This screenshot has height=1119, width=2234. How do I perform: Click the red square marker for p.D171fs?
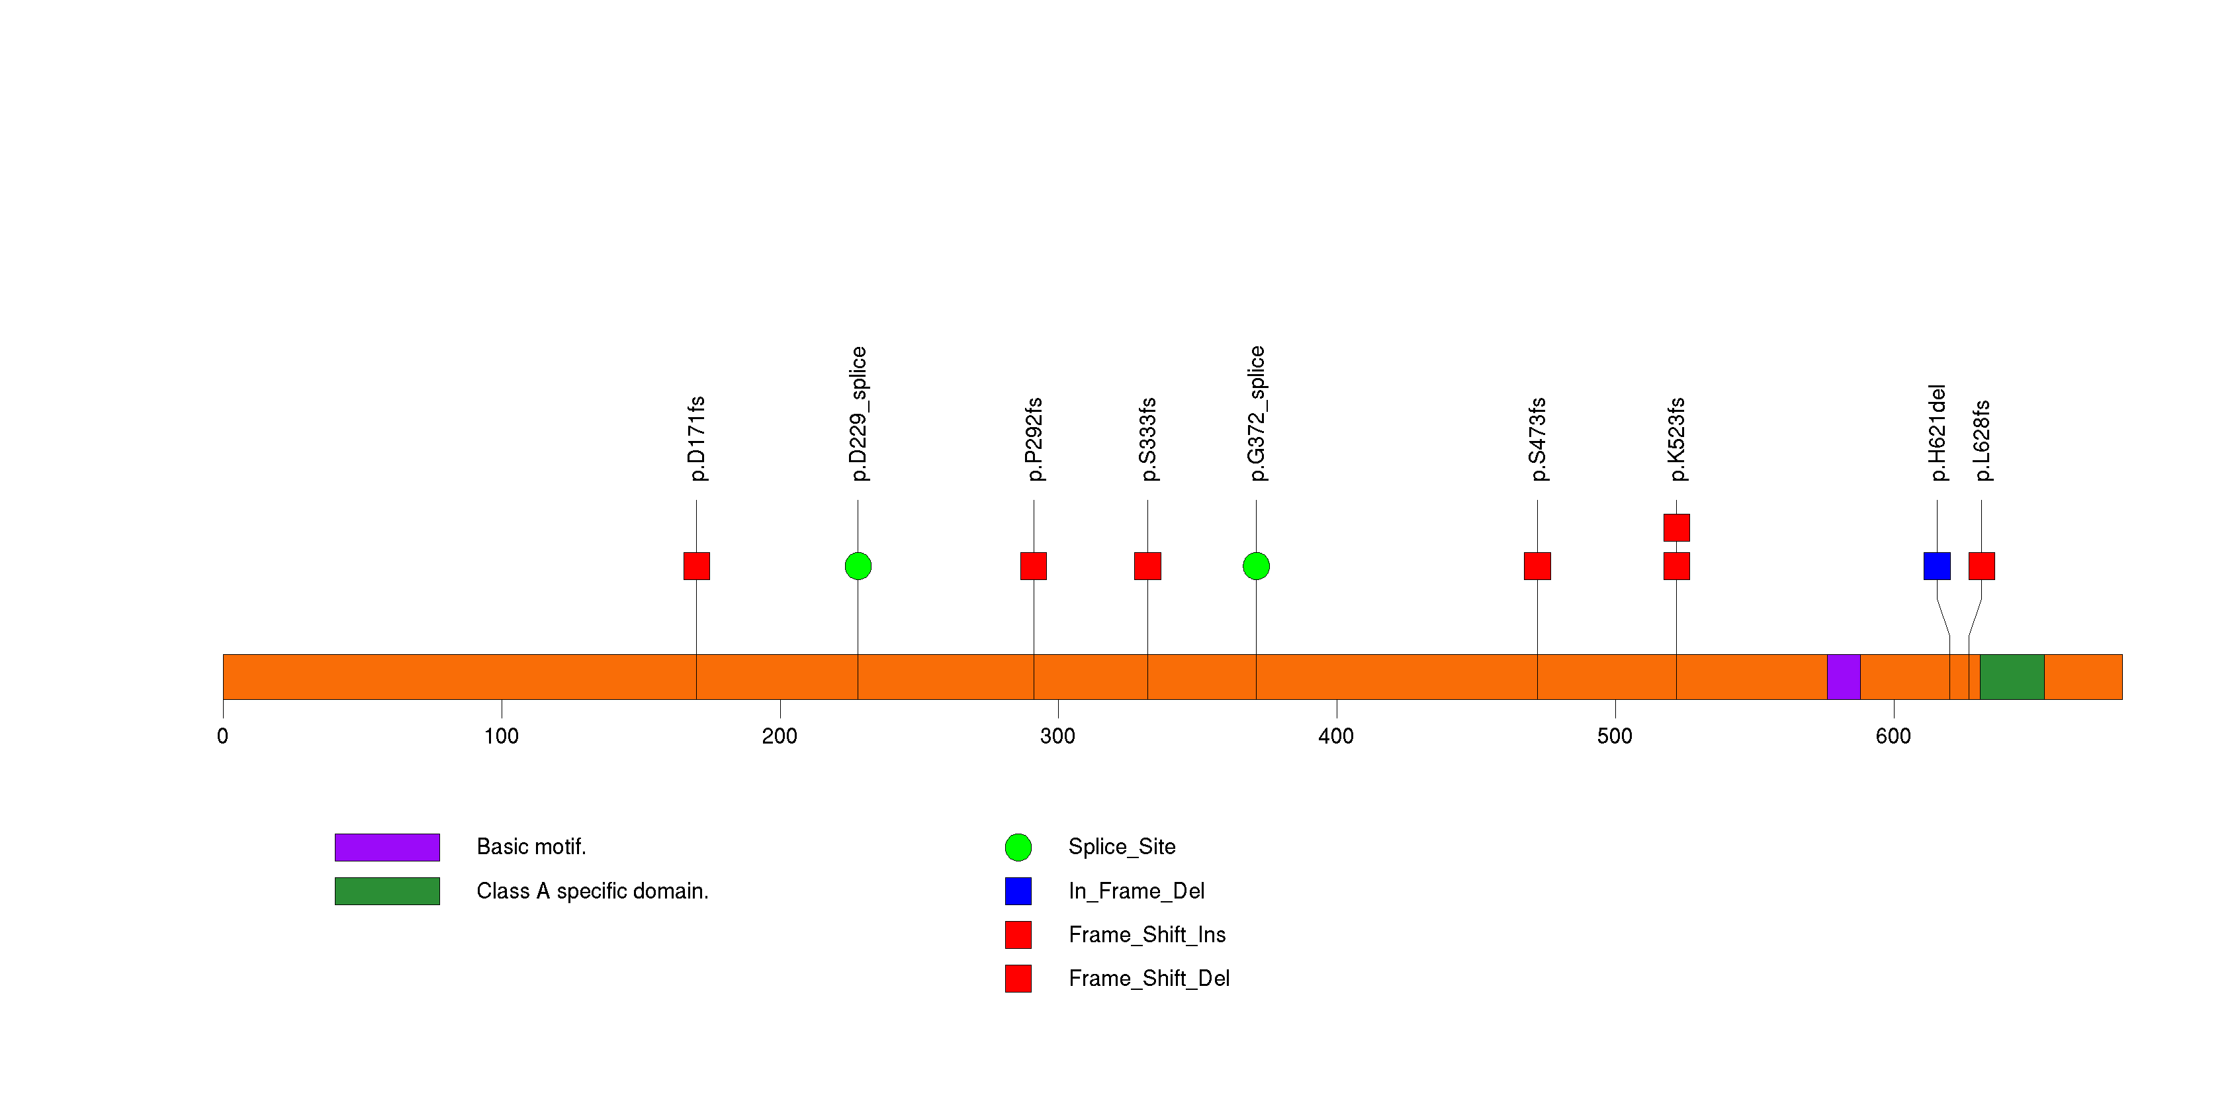click(x=696, y=565)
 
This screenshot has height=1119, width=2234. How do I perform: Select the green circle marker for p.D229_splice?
click(x=858, y=565)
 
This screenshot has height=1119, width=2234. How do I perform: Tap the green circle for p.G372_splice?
click(x=1256, y=565)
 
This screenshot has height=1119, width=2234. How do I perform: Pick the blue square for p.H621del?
click(x=1936, y=565)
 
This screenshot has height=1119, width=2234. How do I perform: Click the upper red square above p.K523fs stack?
click(x=1676, y=528)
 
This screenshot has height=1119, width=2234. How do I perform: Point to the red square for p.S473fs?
click(x=1537, y=565)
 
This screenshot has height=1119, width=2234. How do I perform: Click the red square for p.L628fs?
click(x=1982, y=565)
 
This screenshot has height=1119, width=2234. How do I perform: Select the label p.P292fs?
click(x=1034, y=439)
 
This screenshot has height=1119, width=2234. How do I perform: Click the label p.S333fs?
click(x=1147, y=439)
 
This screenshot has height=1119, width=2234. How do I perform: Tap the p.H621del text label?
click(x=1938, y=433)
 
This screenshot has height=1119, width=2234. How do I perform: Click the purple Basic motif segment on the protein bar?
click(x=1843, y=677)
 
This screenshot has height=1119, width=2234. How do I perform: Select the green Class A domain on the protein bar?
click(x=2012, y=677)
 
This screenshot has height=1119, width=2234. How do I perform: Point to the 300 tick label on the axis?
click(x=1057, y=736)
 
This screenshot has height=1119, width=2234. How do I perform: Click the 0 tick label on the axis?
click(x=223, y=736)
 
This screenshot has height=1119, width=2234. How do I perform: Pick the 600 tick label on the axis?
click(x=1893, y=736)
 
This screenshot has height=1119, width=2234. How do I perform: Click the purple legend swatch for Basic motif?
click(x=387, y=848)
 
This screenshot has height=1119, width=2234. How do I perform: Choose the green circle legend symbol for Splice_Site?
click(x=1018, y=848)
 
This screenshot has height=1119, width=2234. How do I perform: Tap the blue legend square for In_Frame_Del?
click(x=1018, y=891)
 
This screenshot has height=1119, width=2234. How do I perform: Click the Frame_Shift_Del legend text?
click(x=1149, y=979)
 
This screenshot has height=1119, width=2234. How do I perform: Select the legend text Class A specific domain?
click(x=592, y=891)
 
